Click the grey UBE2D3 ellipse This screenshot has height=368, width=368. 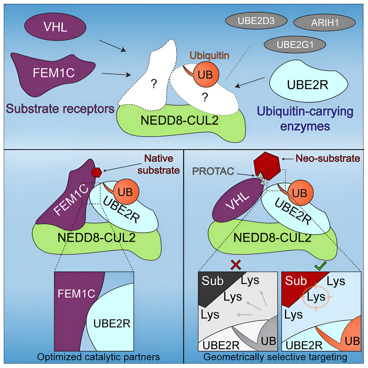(x=256, y=21)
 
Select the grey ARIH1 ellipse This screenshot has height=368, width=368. (x=324, y=23)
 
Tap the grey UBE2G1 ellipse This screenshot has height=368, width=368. (x=295, y=45)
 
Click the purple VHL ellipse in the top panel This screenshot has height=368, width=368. (x=55, y=27)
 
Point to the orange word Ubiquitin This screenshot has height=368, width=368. (x=209, y=55)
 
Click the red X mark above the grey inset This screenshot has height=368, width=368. (x=236, y=265)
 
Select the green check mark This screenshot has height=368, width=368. (x=320, y=266)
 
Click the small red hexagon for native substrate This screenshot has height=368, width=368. (x=96, y=172)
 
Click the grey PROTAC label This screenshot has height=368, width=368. (x=213, y=171)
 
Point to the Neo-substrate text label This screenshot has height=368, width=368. (x=327, y=158)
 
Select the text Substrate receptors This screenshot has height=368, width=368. (x=60, y=109)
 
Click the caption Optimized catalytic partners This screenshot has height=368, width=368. (x=98, y=357)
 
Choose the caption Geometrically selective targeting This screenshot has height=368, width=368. (x=275, y=357)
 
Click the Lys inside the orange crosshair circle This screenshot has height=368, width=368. (x=316, y=297)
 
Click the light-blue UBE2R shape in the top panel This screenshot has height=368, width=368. (x=308, y=83)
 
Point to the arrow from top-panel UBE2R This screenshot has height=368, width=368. (x=250, y=82)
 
